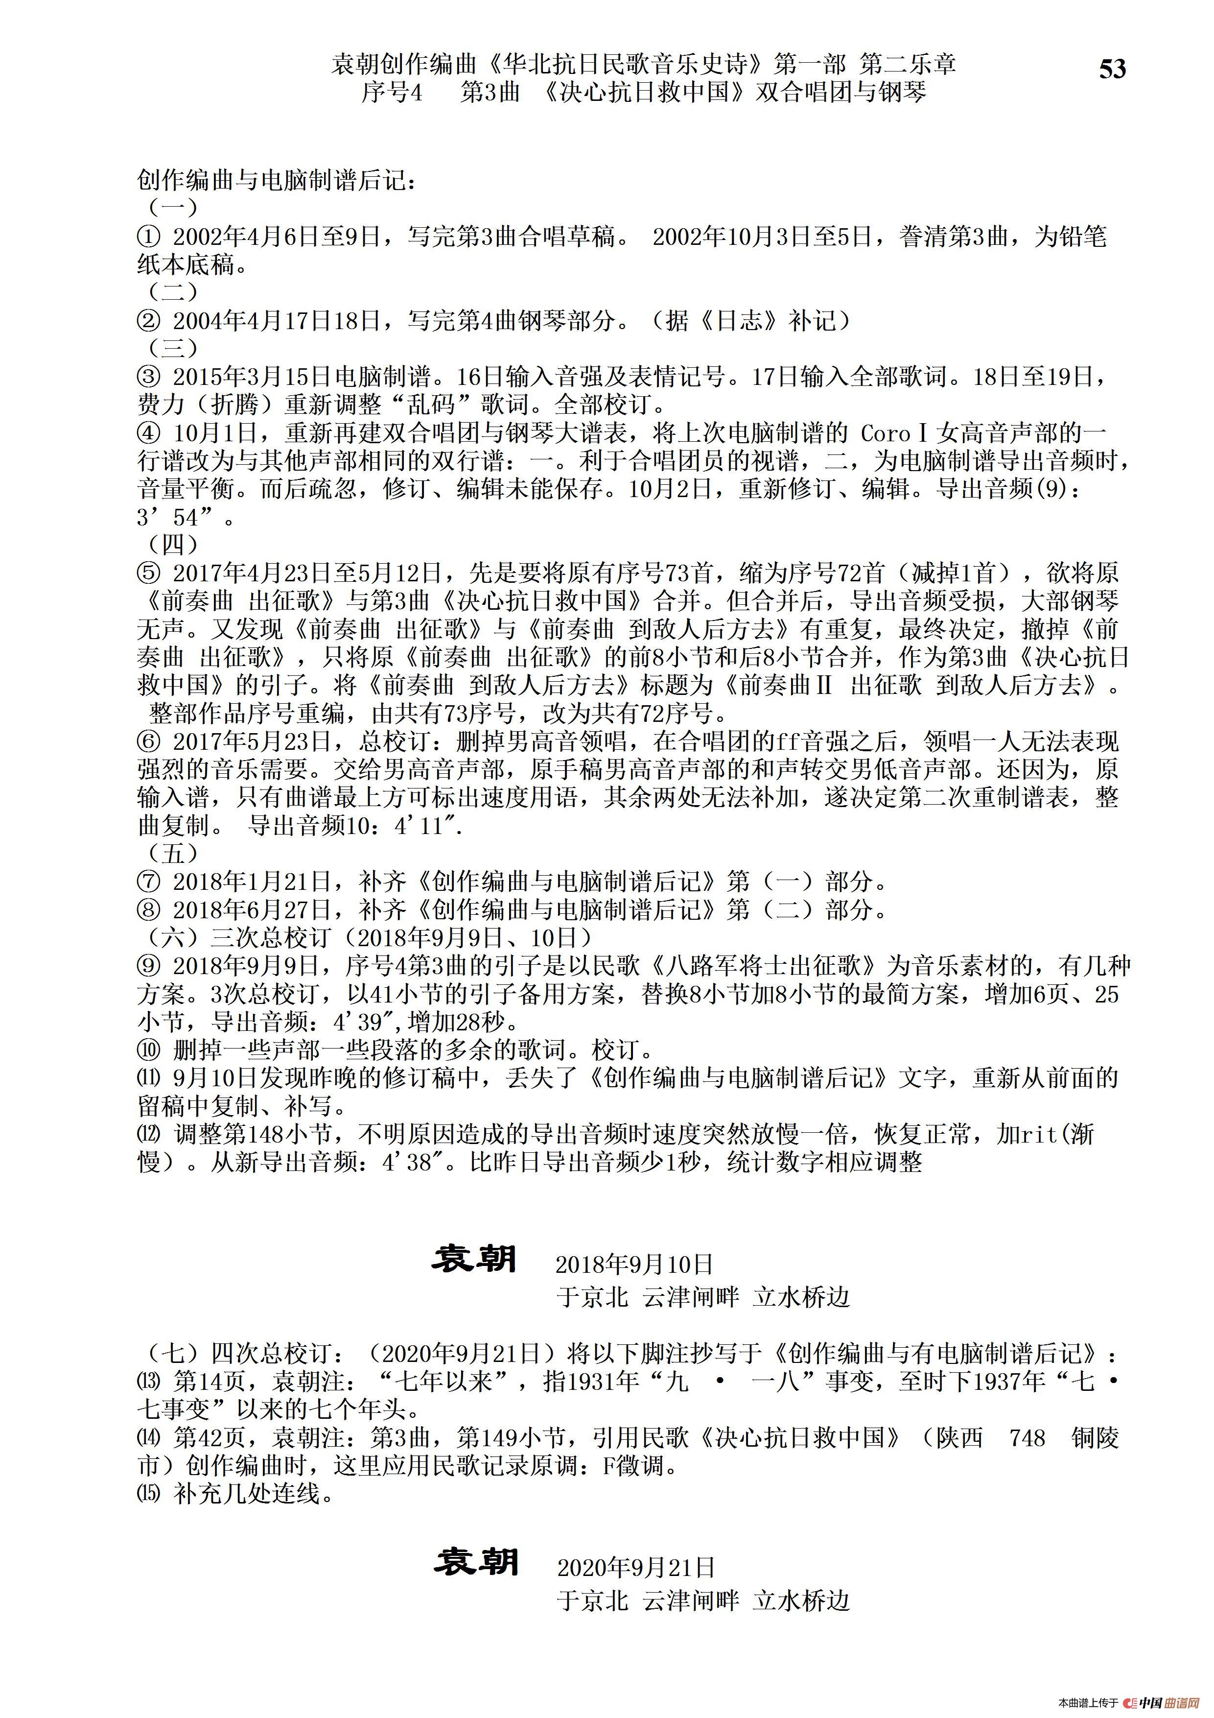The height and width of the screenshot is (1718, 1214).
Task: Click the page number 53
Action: click(1112, 69)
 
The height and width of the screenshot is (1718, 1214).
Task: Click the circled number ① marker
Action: click(149, 237)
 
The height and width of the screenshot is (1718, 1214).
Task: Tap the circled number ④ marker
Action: click(149, 433)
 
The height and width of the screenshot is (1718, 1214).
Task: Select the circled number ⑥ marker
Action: click(149, 741)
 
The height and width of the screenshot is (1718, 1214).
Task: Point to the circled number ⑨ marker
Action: click(149, 966)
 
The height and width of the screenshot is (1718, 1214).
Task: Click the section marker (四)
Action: click(174, 545)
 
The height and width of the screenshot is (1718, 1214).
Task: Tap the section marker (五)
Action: click(174, 853)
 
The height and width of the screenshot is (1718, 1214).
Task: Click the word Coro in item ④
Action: click(886, 433)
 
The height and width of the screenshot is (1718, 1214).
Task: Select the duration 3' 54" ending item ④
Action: click(183, 518)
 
